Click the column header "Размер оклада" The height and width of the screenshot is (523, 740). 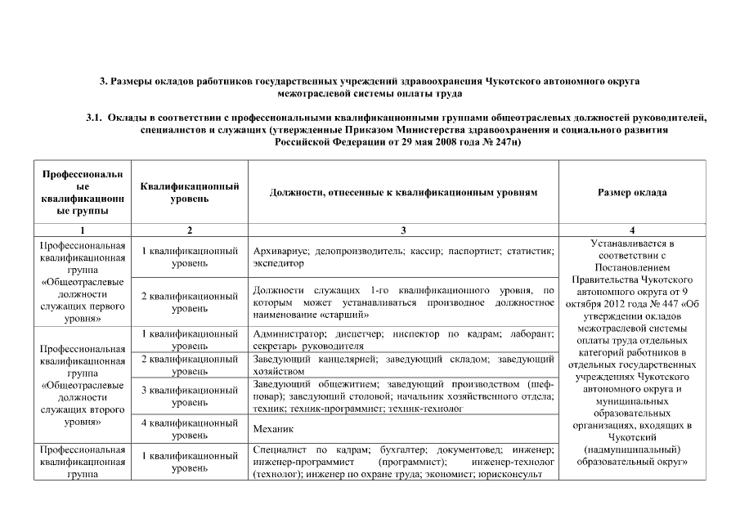point(632,193)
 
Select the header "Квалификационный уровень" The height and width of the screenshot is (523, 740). point(189,193)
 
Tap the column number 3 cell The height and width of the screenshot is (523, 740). point(403,230)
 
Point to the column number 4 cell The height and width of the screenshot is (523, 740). point(632,230)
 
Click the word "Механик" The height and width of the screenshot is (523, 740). point(273,428)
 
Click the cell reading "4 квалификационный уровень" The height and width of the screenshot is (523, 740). point(189,428)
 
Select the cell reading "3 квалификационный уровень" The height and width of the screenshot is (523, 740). point(189,396)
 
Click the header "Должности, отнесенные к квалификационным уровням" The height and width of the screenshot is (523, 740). point(403,193)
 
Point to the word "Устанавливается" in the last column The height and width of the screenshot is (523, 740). point(632,243)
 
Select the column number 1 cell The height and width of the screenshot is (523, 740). point(82,230)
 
